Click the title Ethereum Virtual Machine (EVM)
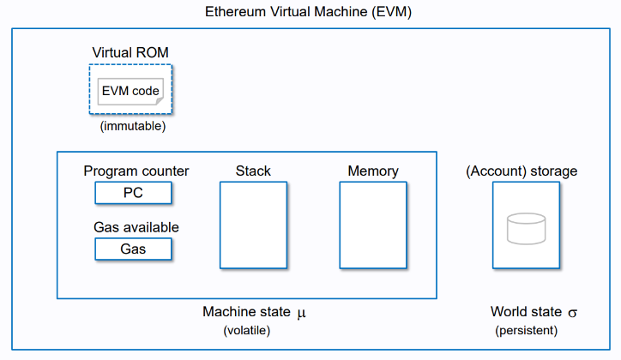click(310, 13)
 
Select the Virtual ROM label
click(130, 53)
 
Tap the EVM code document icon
click(130, 90)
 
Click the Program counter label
click(136, 171)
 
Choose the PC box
click(133, 193)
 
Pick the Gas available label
click(136, 227)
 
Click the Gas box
click(133, 249)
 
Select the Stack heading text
click(253, 171)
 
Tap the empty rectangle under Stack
click(253, 224)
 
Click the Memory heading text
click(373, 171)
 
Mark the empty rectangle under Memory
click(373, 224)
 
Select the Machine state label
click(247, 313)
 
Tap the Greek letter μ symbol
click(301, 314)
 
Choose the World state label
click(526, 312)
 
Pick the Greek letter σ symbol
click(572, 313)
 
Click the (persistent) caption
click(526, 330)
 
